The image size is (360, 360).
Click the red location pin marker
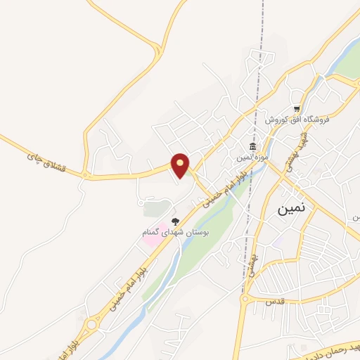[181, 165]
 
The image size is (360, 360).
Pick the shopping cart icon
[297, 109]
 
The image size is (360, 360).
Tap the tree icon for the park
[176, 221]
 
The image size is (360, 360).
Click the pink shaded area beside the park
[152, 238]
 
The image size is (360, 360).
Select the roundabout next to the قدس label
[244, 300]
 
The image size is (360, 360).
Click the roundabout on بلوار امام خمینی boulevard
[91, 326]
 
